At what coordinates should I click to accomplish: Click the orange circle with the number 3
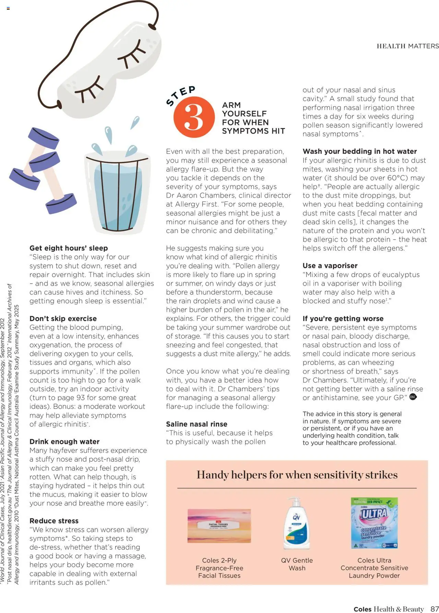click(194, 117)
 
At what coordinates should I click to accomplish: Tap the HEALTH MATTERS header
click(407, 46)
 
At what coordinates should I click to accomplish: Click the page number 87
click(435, 609)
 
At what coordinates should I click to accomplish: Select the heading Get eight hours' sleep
click(69, 248)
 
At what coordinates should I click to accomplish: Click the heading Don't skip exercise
click(63, 319)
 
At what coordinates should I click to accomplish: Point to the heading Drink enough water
click(64, 441)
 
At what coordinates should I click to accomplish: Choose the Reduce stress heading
click(54, 521)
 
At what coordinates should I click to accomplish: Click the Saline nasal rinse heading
click(197, 424)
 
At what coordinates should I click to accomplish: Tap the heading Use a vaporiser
click(330, 266)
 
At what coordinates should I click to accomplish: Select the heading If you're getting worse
click(343, 319)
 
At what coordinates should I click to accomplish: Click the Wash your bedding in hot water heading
click(359, 151)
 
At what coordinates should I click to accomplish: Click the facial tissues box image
click(219, 525)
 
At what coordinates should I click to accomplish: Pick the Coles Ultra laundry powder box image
click(374, 523)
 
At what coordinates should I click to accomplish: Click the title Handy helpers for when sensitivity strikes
click(297, 475)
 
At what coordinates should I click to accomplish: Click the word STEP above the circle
click(181, 95)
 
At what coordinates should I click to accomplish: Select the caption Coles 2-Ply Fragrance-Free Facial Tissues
click(219, 568)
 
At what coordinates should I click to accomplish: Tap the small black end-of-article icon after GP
click(413, 397)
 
